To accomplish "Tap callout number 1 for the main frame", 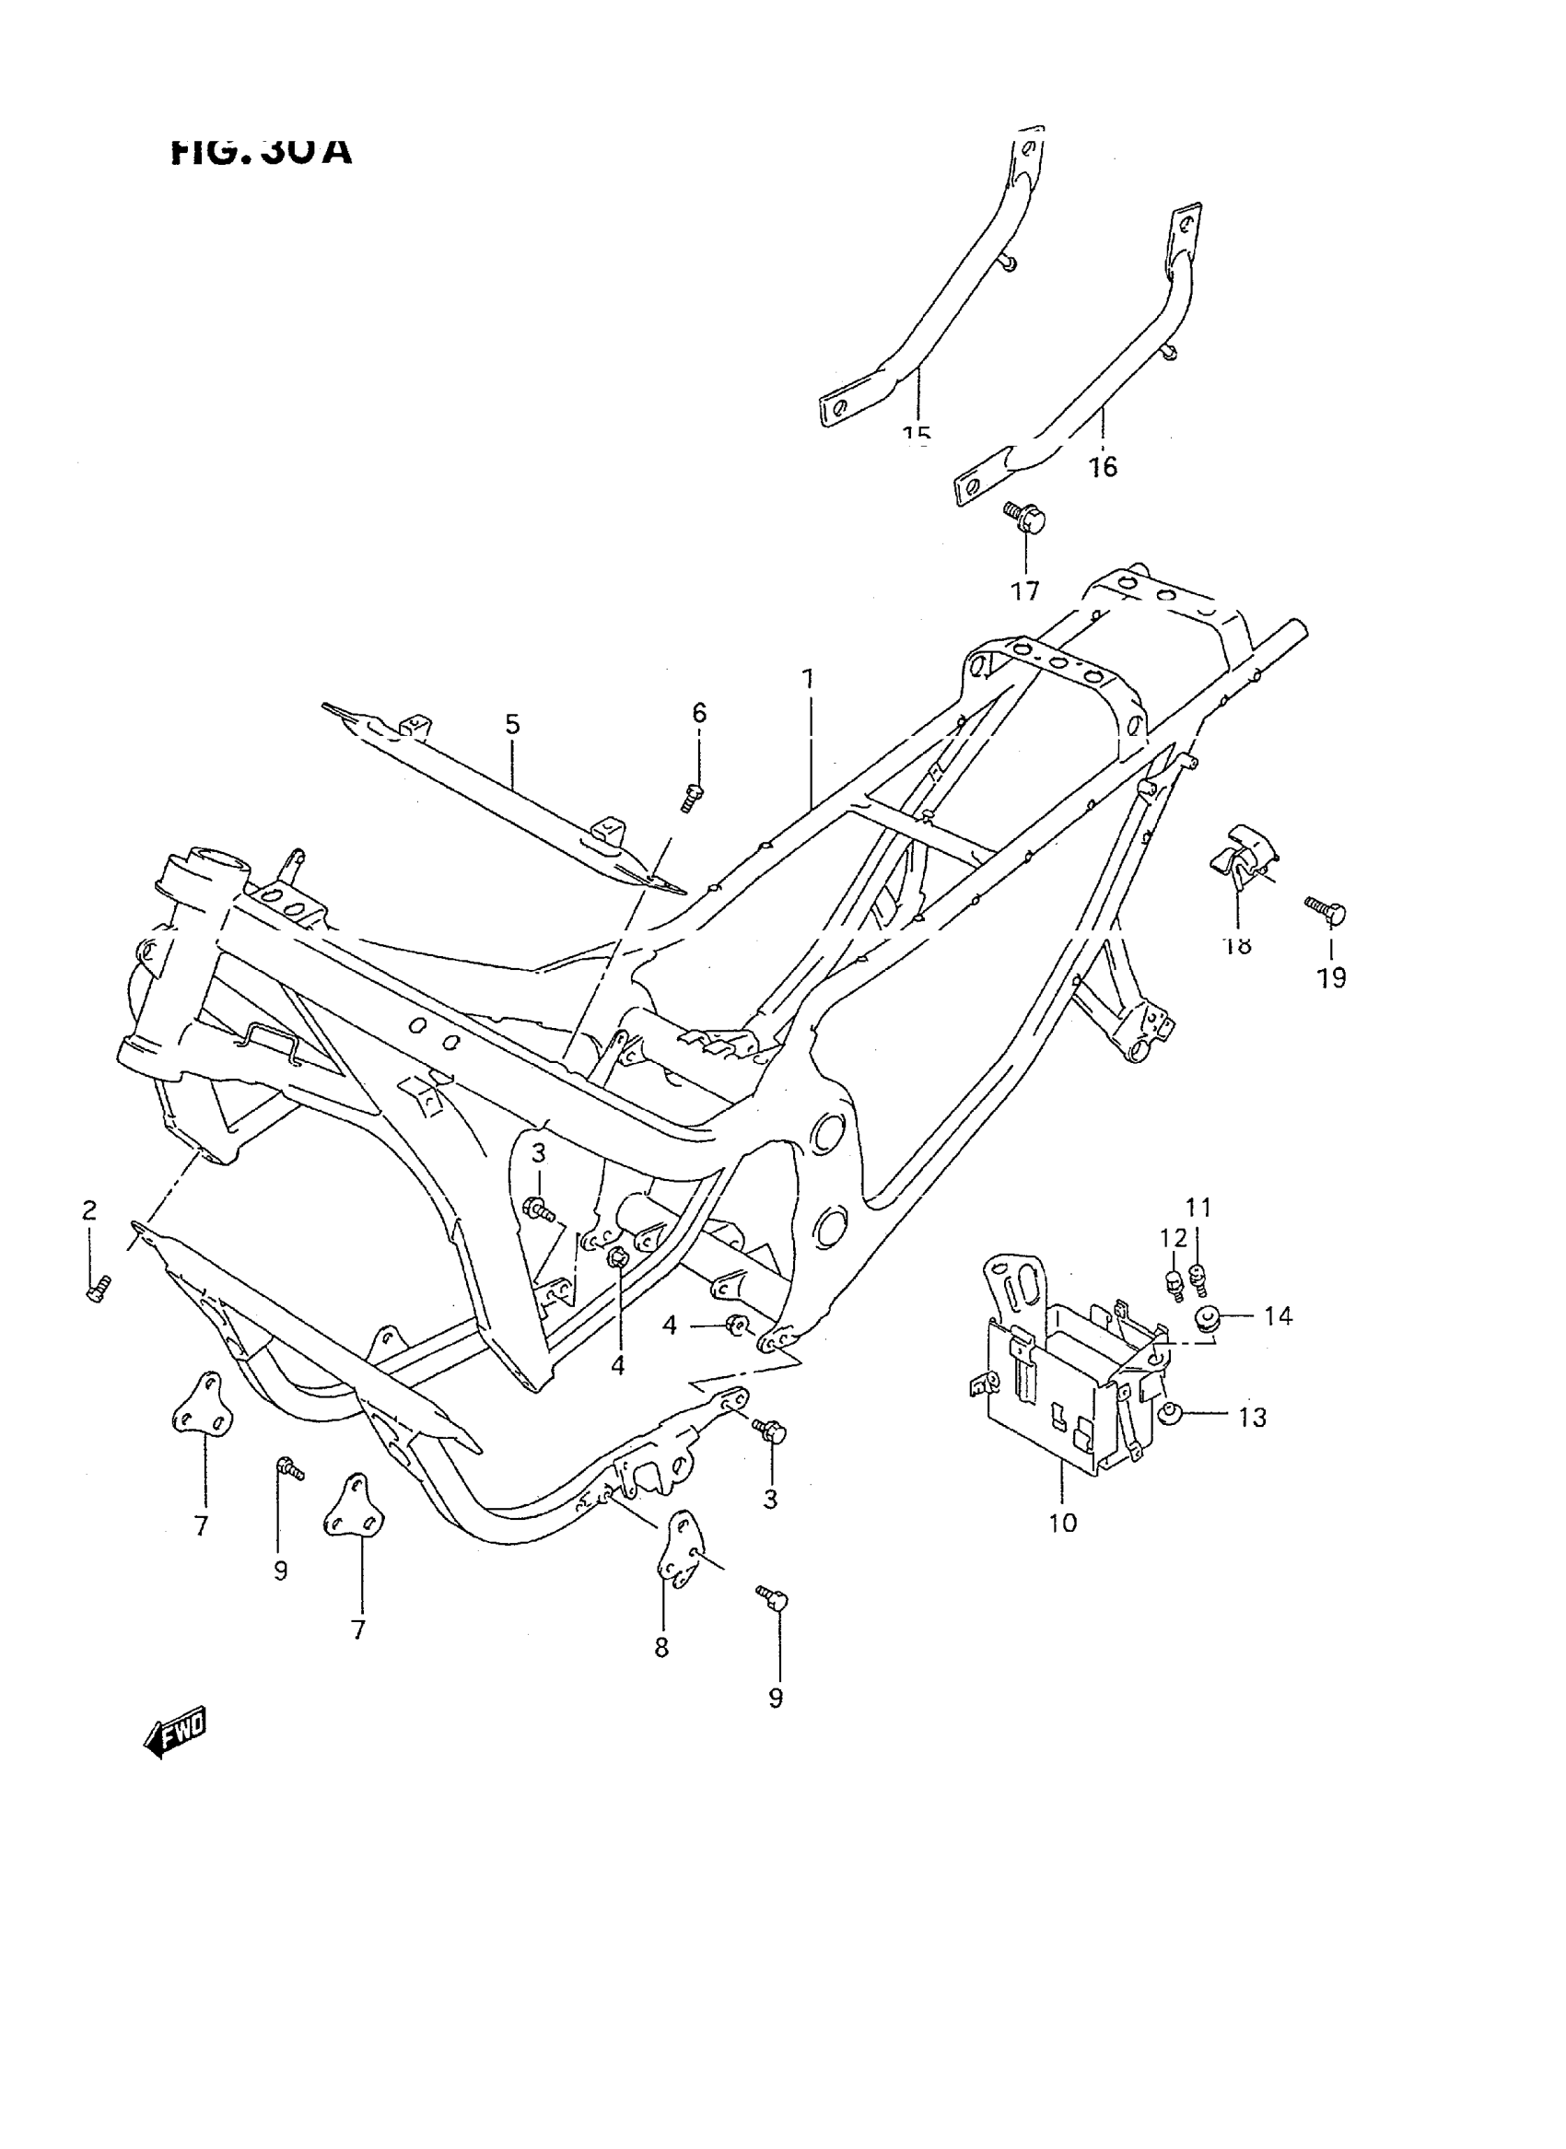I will pos(808,680).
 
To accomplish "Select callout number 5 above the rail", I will pos(512,725).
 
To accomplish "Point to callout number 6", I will pos(698,713).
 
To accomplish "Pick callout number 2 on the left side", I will pos(89,1210).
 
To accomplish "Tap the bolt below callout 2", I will pos(98,1290).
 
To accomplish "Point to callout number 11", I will pos(1199,1208).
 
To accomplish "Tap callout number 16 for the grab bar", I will pos(1104,466).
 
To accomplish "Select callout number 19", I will pos(1332,977).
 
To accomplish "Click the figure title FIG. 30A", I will pos(262,150).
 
